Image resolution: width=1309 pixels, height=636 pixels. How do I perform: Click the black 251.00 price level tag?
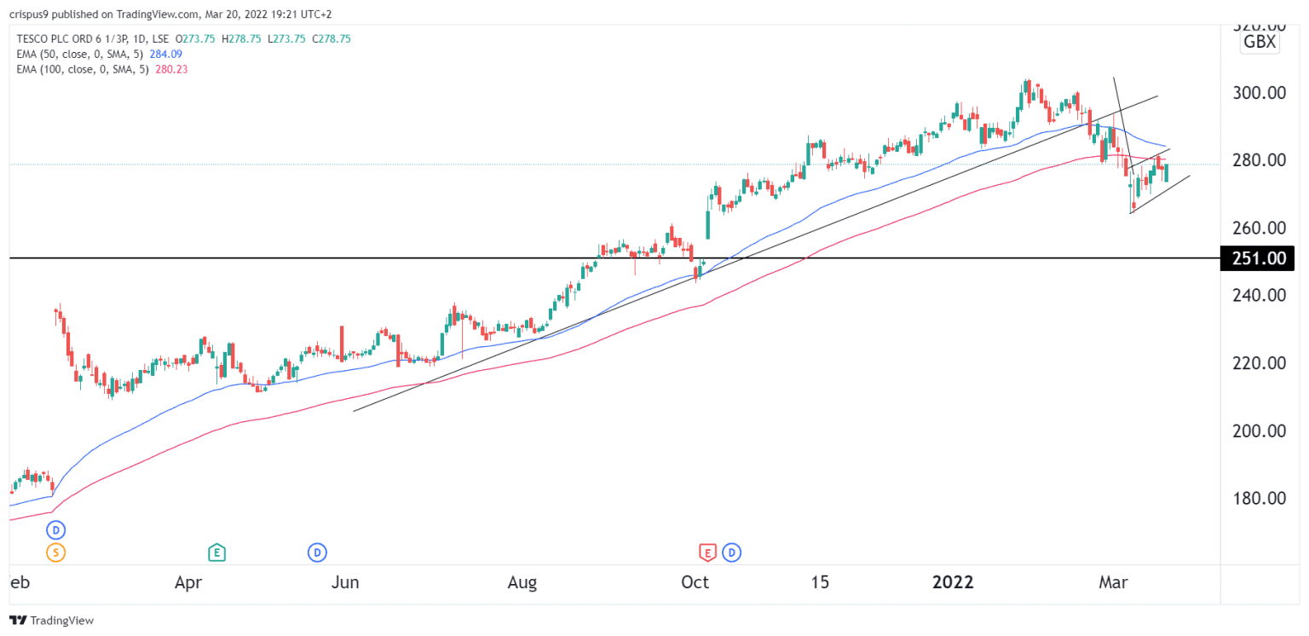[x=1257, y=258]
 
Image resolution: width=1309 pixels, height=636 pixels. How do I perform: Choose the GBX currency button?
[x=1260, y=42]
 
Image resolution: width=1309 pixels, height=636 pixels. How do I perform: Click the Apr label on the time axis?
[x=187, y=583]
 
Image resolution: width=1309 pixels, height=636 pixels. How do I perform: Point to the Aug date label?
[x=522, y=583]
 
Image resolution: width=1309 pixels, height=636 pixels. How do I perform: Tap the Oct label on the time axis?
[x=695, y=583]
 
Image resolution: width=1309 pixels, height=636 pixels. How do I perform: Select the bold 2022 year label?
[x=952, y=583]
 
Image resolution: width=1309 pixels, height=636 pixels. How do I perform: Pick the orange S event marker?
[x=56, y=552]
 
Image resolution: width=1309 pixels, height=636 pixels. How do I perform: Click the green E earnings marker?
[x=217, y=552]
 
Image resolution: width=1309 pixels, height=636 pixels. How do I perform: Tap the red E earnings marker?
[x=707, y=552]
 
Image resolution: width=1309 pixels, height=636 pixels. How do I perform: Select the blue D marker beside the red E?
[x=731, y=552]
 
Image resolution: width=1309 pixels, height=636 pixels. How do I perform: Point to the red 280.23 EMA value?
[x=172, y=69]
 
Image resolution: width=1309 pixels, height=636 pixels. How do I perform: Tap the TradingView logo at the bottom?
[x=52, y=621]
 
